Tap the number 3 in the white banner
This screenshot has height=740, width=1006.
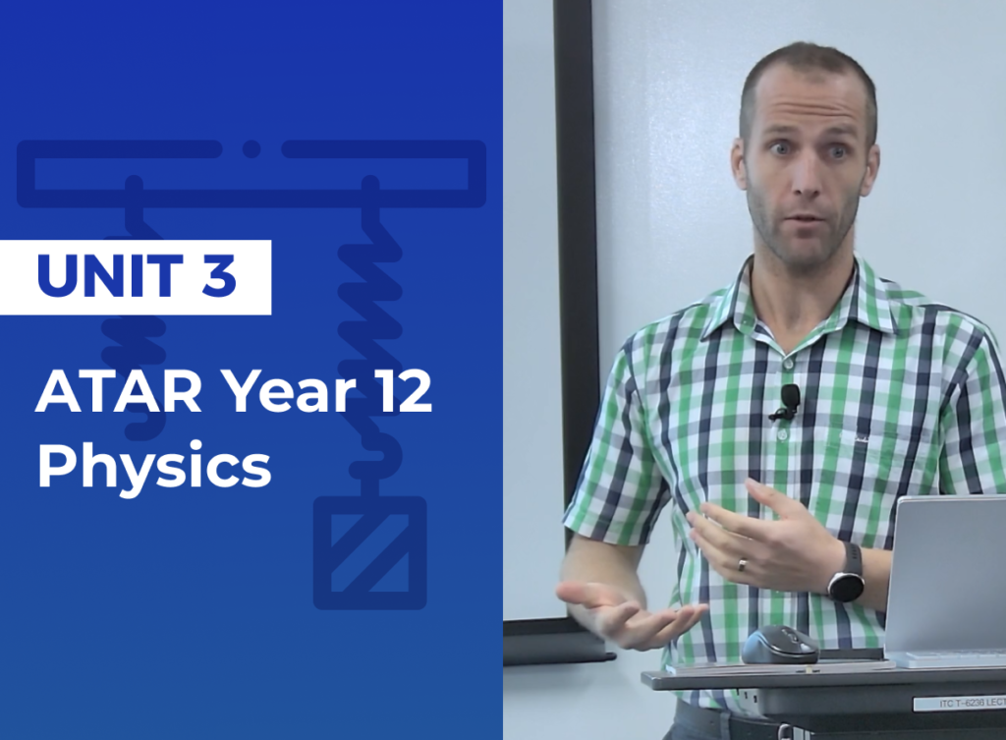219,276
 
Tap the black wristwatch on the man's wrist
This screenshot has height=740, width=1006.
846,574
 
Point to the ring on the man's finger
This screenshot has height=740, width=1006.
744,565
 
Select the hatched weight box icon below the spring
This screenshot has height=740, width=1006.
369,552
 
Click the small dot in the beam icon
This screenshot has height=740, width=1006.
251,149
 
